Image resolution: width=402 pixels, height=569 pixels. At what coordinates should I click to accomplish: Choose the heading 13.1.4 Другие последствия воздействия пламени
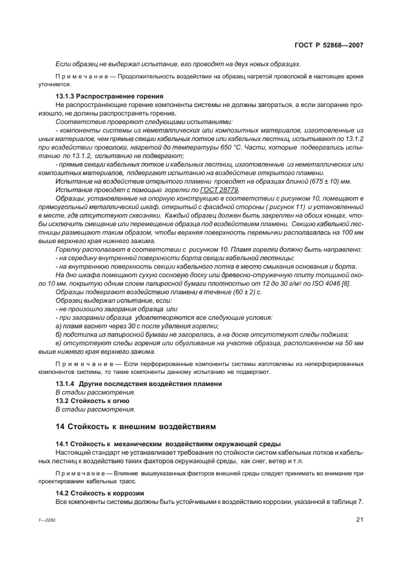tap(139, 384)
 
